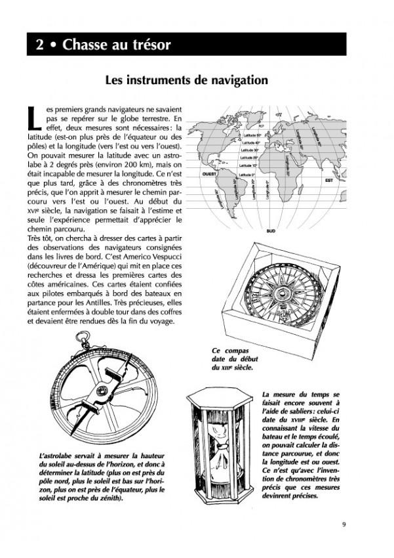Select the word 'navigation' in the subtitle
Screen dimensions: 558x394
click(x=226, y=80)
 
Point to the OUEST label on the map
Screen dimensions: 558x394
click(x=210, y=175)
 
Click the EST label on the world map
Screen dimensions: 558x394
click(x=330, y=179)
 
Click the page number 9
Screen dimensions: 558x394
click(x=344, y=523)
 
